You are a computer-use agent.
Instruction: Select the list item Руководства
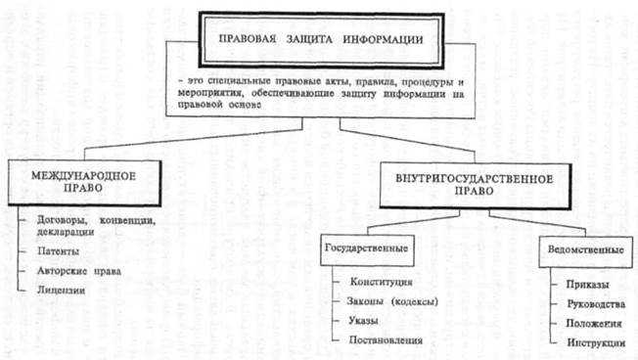click(x=596, y=303)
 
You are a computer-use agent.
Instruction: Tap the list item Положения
click(x=594, y=322)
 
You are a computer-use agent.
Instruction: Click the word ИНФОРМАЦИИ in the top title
click(x=386, y=41)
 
